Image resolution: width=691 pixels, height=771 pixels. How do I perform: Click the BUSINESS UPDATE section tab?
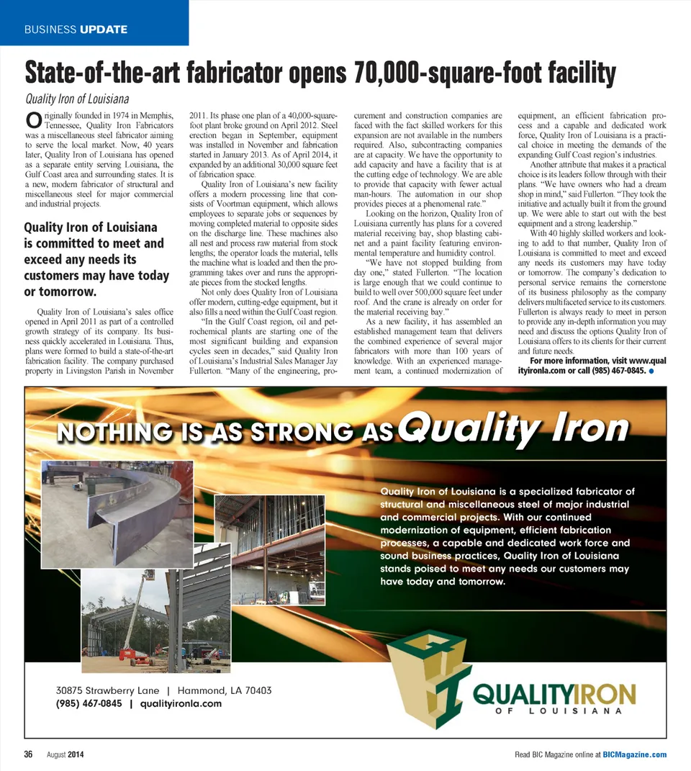click(76, 30)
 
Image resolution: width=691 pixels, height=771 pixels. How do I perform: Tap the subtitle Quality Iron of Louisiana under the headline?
click(77, 99)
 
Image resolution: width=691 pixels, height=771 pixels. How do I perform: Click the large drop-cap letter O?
click(32, 120)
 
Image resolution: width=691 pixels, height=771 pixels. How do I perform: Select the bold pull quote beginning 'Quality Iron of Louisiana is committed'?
click(96, 260)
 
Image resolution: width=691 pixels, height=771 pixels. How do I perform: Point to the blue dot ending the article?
click(651, 371)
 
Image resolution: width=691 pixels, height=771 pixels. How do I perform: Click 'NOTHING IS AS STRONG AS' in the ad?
click(225, 433)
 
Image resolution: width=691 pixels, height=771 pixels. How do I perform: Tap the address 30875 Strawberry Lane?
click(107, 690)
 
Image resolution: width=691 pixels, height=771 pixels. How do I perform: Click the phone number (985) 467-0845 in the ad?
click(89, 703)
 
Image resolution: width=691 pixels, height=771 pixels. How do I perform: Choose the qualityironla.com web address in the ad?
click(181, 703)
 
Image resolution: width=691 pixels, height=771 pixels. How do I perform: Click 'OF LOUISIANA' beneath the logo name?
click(556, 712)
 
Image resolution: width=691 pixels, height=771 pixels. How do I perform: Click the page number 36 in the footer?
click(29, 754)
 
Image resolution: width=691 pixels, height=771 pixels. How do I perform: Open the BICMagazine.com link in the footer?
click(634, 754)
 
